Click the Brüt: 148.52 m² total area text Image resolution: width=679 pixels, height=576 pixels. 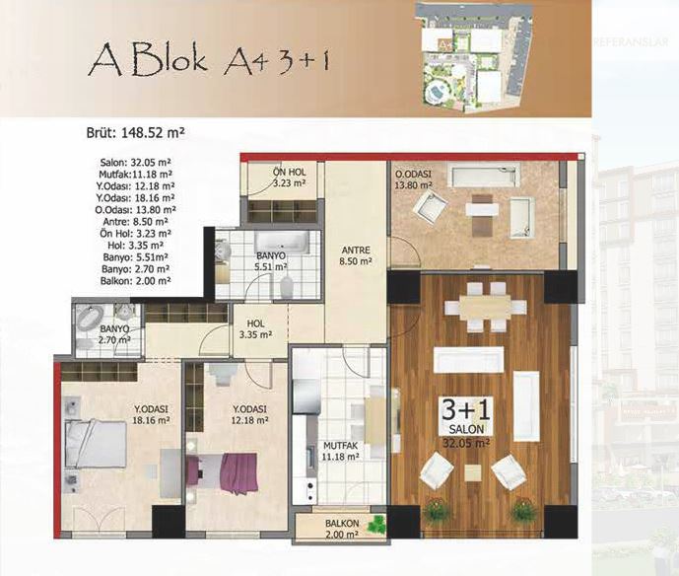[136, 132]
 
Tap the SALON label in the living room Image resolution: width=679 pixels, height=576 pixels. [466, 429]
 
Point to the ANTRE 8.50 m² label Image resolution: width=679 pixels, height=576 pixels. [356, 255]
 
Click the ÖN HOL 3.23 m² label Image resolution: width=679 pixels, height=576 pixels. [290, 178]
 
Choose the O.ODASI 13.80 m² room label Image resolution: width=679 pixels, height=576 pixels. [413, 180]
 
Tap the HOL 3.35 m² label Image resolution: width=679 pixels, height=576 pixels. [255, 329]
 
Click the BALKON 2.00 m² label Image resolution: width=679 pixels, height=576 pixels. [342, 530]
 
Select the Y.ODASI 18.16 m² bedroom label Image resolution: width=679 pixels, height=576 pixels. [151, 414]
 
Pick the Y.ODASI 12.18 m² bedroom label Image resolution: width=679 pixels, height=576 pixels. [249, 415]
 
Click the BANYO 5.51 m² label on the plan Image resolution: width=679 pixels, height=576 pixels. [271, 261]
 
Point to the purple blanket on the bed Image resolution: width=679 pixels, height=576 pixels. [239, 472]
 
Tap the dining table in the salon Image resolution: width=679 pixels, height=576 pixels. [485, 308]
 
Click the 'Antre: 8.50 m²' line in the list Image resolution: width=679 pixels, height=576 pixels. [134, 221]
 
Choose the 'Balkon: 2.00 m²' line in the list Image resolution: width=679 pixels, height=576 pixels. [136, 280]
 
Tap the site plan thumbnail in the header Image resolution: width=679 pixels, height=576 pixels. [474, 57]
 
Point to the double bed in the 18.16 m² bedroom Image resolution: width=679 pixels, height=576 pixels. [96, 444]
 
